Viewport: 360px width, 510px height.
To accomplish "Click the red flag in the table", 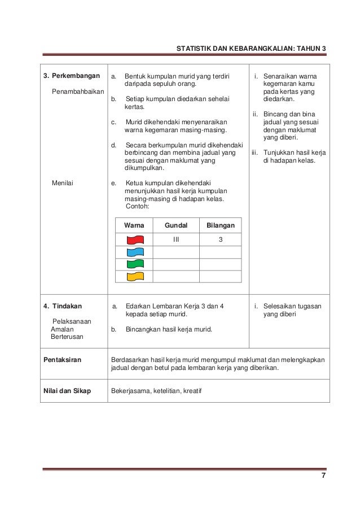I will (x=135, y=239).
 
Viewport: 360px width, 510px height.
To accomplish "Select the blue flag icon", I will (x=135, y=252).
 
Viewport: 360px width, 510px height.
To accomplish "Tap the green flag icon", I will (x=135, y=264).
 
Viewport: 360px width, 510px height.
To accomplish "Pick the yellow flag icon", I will (x=135, y=276).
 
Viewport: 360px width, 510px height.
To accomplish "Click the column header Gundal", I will (x=175, y=225).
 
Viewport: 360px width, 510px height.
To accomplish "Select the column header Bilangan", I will (x=221, y=225).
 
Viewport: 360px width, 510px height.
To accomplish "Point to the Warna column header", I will (x=134, y=225).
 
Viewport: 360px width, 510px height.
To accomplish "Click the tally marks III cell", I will (x=176, y=239).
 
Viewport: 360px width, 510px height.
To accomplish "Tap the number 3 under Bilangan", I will (x=221, y=239).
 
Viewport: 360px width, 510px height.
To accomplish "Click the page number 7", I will (x=323, y=476).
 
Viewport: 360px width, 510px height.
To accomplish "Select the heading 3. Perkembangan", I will (x=72, y=76).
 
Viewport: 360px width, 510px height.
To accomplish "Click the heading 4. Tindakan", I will (x=63, y=306).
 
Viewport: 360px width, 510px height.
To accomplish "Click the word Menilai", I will (x=63, y=183).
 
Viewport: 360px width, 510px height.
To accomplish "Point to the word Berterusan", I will (x=67, y=337).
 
